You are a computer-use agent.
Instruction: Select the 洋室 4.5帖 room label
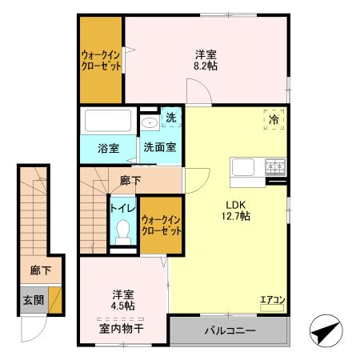point(122,298)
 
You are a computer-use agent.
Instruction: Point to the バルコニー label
point(230,330)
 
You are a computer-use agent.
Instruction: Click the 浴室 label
point(108,148)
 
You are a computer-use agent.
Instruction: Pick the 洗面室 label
point(160,148)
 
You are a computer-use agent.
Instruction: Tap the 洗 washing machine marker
point(171,118)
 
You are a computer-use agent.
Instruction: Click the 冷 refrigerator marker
point(274,120)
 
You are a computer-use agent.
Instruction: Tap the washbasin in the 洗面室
point(150,123)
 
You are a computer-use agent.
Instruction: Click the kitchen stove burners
point(275,166)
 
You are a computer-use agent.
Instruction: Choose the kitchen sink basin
point(243,167)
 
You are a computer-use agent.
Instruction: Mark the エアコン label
point(272,301)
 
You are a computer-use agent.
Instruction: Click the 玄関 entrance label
point(33,299)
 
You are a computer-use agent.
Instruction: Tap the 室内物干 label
point(122,328)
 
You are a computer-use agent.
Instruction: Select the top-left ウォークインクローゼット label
point(101,61)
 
